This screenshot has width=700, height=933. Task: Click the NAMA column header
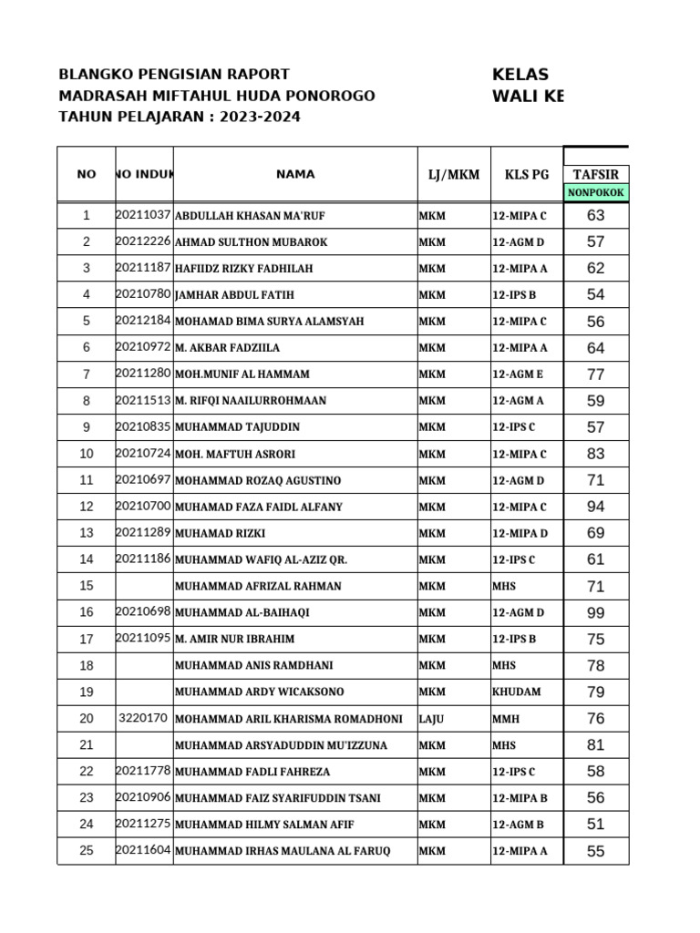tap(295, 174)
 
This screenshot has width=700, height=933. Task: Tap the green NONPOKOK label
tap(595, 192)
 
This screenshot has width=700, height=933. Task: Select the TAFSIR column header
tap(595, 174)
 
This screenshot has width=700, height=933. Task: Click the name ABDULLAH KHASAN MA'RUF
tap(249, 216)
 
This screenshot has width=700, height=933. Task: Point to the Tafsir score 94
tap(595, 507)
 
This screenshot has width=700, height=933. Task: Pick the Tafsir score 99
tap(595, 612)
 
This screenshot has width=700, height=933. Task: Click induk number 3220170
tap(143, 718)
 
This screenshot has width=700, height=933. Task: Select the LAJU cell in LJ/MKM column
tap(431, 719)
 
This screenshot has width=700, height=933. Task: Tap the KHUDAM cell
tap(516, 692)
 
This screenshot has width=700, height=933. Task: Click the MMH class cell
tap(506, 719)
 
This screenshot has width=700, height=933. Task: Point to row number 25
tap(87, 851)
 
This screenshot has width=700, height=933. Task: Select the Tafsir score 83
tap(595, 454)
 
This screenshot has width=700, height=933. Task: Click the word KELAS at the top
tap(520, 75)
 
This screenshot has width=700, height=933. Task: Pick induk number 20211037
tap(143, 215)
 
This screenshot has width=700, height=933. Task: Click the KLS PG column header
tap(527, 174)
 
